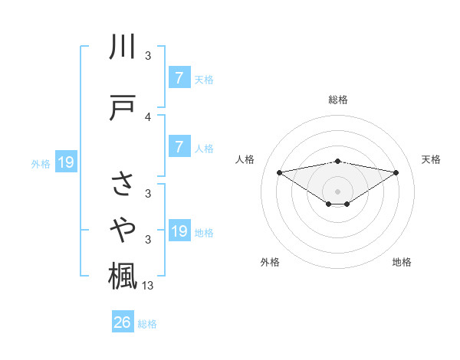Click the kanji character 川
click(x=123, y=48)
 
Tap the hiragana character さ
click(x=123, y=183)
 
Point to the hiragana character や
click(x=123, y=227)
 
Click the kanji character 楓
click(x=123, y=273)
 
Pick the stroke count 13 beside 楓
click(x=149, y=286)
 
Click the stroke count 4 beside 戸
click(x=148, y=117)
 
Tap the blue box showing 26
click(x=123, y=323)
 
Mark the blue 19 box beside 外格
click(x=66, y=162)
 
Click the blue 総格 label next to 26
click(x=147, y=324)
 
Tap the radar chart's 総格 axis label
click(x=337, y=100)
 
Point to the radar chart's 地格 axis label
click(x=402, y=262)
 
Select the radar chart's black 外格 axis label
click(x=270, y=262)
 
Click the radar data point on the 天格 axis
click(x=396, y=172)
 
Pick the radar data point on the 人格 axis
click(x=279, y=172)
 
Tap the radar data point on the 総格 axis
click(x=337, y=162)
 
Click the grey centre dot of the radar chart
click(x=337, y=191)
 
